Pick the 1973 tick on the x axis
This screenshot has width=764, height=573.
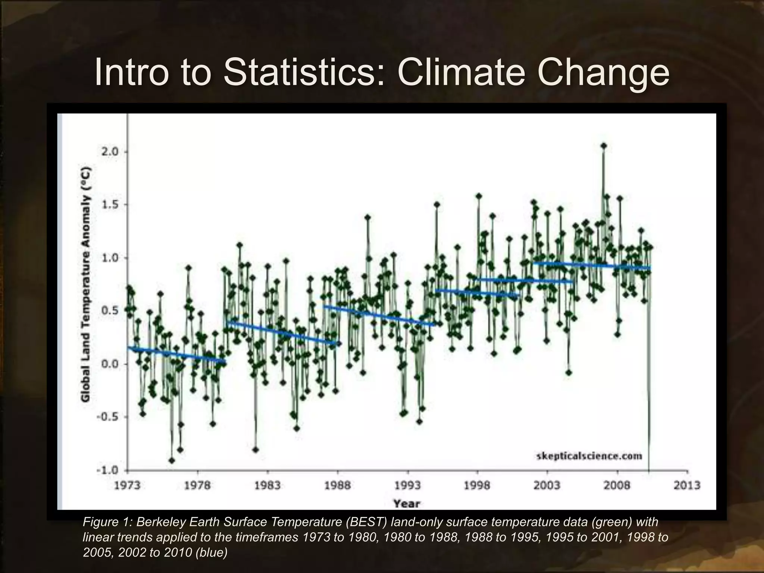click(127, 485)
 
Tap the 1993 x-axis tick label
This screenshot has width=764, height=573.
click(407, 485)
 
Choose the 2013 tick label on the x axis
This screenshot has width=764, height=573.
click(687, 485)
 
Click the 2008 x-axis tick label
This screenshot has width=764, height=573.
click(617, 485)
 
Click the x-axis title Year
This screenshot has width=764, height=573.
click(407, 504)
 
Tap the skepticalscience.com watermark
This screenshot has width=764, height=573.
click(589, 456)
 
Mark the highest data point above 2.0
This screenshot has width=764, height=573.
click(604, 146)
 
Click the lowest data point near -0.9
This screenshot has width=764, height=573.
click(172, 460)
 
